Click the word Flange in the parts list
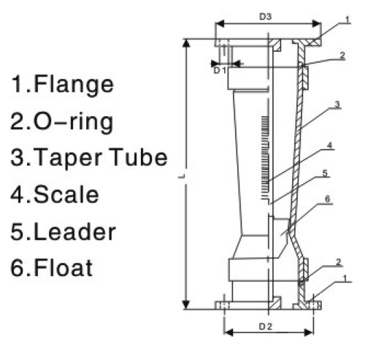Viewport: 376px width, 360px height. pos(74,85)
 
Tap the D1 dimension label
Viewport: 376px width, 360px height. pos(219,71)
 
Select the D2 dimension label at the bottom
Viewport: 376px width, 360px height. pos(265,325)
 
